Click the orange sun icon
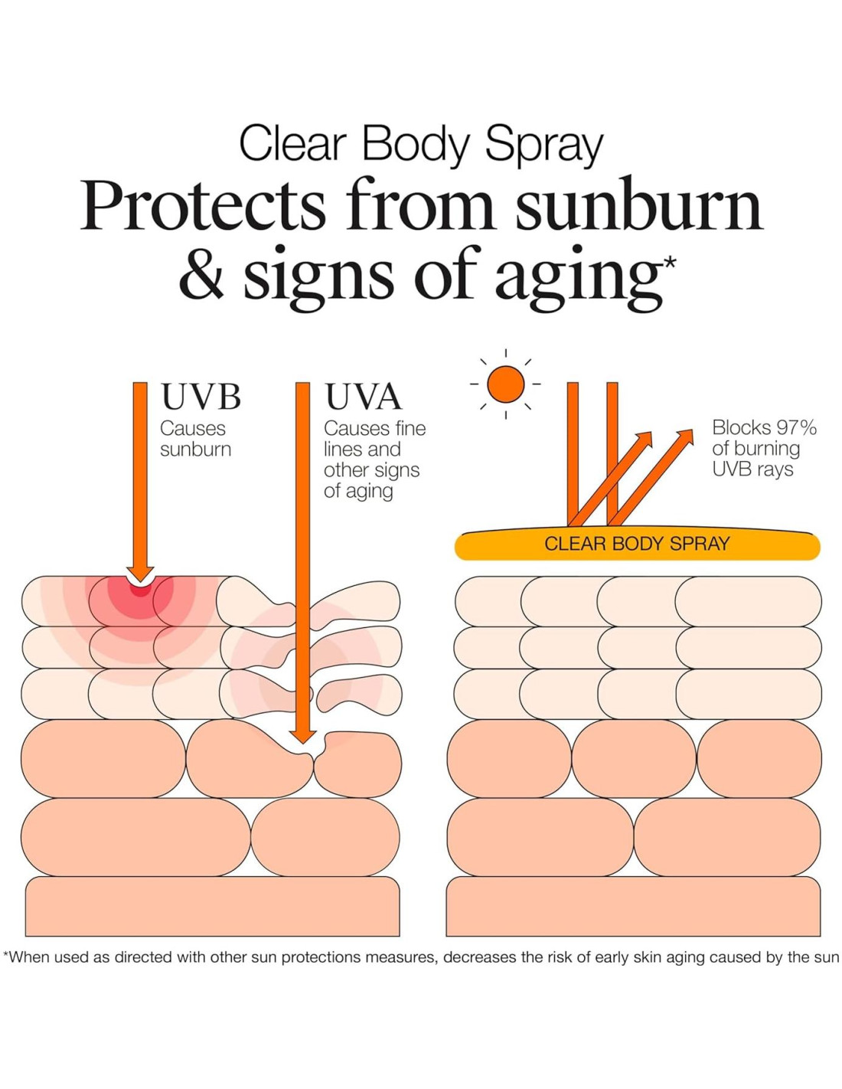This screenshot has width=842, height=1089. pyautogui.click(x=505, y=384)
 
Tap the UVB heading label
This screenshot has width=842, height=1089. pyautogui.click(x=201, y=397)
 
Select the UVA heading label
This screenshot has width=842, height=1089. pyautogui.click(x=363, y=397)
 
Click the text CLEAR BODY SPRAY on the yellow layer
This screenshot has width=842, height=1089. pyautogui.click(x=637, y=544)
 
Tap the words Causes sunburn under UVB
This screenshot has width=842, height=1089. pyautogui.click(x=194, y=439)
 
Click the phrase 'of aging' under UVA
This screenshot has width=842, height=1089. pyautogui.click(x=358, y=491)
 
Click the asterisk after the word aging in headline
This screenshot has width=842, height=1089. pyautogui.click(x=670, y=263)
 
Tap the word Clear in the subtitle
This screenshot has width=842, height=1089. pyautogui.click(x=292, y=144)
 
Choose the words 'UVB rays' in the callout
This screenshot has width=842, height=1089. pyautogui.click(x=752, y=469)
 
